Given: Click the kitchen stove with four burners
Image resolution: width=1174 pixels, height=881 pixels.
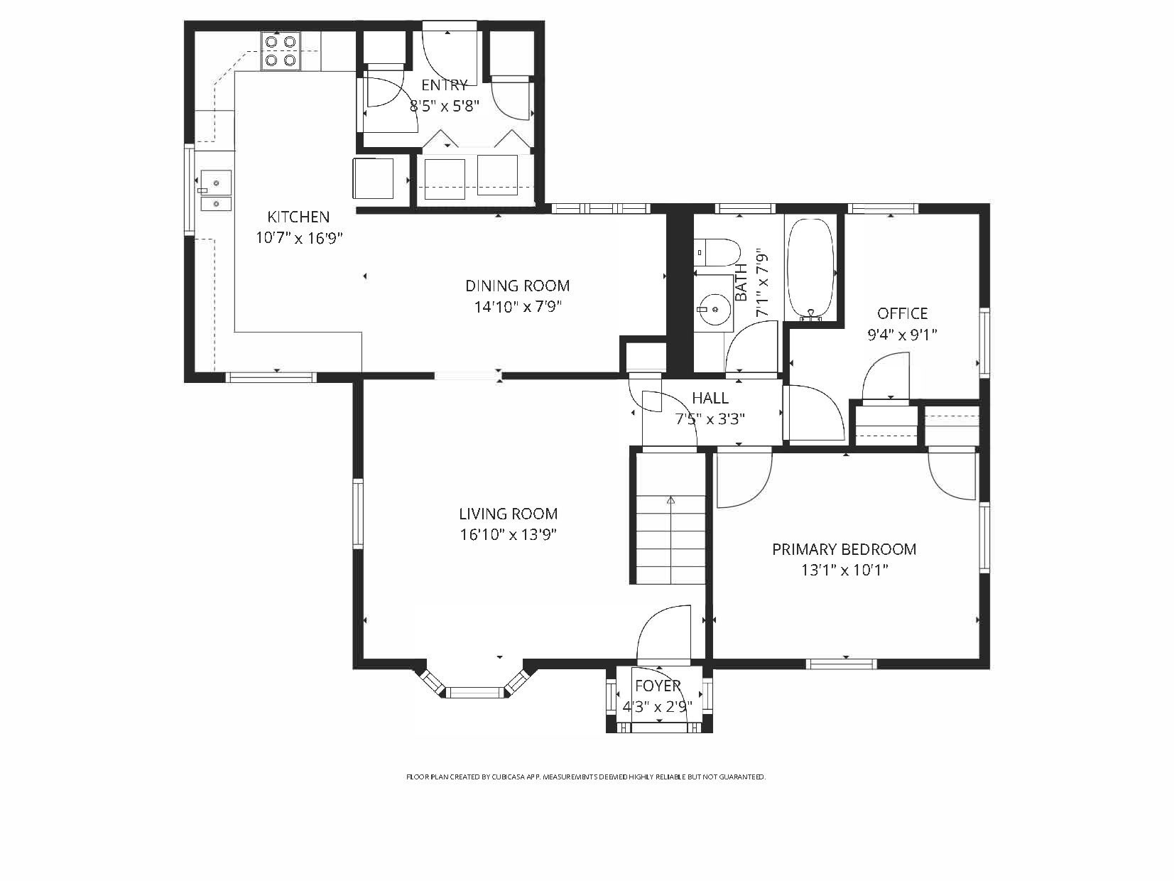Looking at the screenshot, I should click(280, 51).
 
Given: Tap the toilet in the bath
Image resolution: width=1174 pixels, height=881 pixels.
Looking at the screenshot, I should click(718, 252).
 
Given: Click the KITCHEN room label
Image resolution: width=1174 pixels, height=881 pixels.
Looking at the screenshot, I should click(298, 217).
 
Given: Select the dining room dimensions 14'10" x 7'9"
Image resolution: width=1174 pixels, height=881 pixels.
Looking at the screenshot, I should click(518, 307).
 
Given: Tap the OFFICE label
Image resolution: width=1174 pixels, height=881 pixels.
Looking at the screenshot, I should click(902, 313).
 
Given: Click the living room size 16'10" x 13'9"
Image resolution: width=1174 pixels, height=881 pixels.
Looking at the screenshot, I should click(508, 535).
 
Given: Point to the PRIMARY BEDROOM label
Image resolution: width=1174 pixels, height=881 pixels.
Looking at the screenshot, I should click(844, 549).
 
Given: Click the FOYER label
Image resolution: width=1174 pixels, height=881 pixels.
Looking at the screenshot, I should click(658, 686).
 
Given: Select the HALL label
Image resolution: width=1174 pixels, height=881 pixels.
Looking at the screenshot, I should click(710, 399).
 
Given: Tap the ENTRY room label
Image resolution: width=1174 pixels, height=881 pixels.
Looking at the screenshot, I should click(445, 85).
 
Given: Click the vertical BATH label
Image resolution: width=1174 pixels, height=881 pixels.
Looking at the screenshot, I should click(741, 281).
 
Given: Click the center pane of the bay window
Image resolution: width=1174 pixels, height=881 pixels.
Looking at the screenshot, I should click(474, 691).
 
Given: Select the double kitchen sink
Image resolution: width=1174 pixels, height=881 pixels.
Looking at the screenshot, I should click(215, 192).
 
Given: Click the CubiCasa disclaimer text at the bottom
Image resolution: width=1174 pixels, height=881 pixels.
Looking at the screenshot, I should click(586, 777).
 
